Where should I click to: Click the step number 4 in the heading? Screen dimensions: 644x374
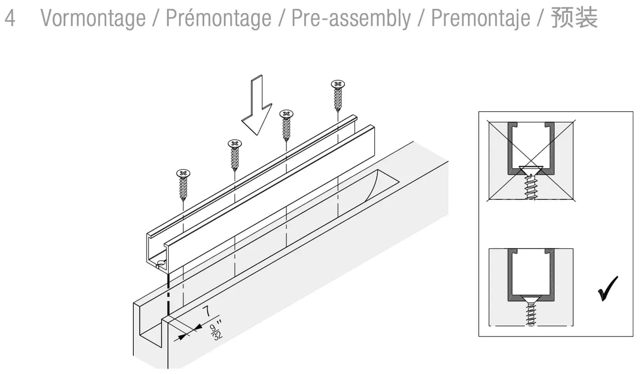click(10, 18)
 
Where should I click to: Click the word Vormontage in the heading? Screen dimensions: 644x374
click(93, 19)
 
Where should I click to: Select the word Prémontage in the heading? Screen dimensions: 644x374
click(218, 18)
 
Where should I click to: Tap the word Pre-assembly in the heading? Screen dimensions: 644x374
click(351, 19)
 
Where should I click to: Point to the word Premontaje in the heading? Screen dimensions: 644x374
click(480, 19)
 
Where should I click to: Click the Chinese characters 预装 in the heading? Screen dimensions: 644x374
click(575, 18)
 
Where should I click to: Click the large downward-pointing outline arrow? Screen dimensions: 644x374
click(257, 105)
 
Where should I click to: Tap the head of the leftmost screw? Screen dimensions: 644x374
click(183, 174)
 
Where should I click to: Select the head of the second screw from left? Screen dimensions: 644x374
click(235, 143)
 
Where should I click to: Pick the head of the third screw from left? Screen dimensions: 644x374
click(286, 114)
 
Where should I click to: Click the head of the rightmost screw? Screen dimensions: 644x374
click(338, 84)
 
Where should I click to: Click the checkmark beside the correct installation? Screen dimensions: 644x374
click(608, 289)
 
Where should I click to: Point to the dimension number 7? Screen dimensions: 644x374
click(207, 312)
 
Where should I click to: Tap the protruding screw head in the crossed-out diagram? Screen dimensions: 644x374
click(531, 170)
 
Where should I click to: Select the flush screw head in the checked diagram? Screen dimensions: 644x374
click(531, 299)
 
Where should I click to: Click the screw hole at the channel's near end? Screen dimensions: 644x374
click(161, 262)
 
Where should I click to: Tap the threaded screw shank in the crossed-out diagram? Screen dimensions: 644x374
click(531, 187)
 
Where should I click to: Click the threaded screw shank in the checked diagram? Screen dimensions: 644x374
click(531, 314)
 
